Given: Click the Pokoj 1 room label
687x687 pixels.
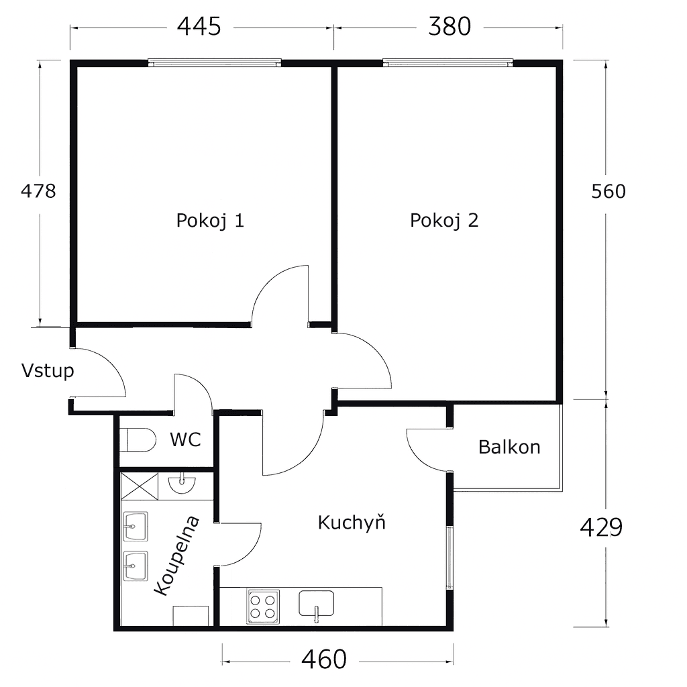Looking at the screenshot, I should (x=210, y=220).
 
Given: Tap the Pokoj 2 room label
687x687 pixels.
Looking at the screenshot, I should (x=444, y=220).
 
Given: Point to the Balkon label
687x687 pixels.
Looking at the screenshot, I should (x=509, y=447).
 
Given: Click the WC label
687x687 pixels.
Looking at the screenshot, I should (x=185, y=440).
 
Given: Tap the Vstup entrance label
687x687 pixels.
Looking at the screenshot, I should (x=48, y=370).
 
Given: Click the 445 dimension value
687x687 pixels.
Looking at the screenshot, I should (x=199, y=27).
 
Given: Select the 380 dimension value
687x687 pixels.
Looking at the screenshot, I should (x=450, y=27).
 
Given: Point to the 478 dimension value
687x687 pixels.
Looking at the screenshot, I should (x=38, y=191).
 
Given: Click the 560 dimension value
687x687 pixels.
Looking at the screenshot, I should (x=608, y=192).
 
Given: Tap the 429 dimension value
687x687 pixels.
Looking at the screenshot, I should (x=601, y=528).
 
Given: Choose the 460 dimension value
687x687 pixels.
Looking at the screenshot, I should (x=324, y=659).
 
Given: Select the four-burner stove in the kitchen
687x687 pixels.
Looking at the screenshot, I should (x=263, y=606).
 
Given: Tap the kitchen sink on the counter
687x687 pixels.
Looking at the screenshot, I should (x=316, y=604).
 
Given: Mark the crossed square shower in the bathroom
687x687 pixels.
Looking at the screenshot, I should (x=140, y=485).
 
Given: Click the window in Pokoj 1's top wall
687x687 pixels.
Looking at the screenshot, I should (x=214, y=63).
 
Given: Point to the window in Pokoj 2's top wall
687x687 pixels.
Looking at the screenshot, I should (x=447, y=63).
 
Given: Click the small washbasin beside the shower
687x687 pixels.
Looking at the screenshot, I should (x=182, y=484).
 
